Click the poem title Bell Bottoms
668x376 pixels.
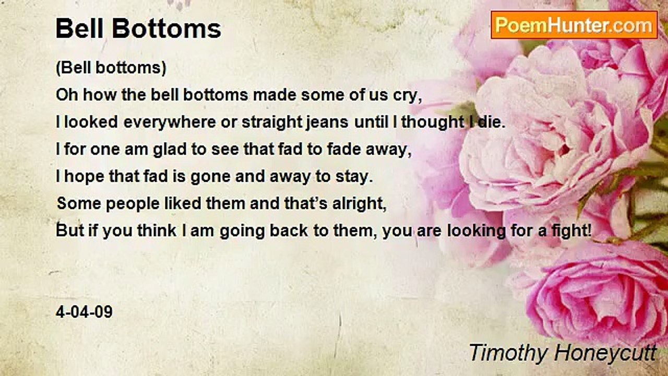point(138,29)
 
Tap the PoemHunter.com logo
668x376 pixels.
point(574,25)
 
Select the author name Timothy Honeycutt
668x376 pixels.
point(563,352)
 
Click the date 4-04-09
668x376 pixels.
point(84,312)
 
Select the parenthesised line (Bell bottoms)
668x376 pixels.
point(111,68)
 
